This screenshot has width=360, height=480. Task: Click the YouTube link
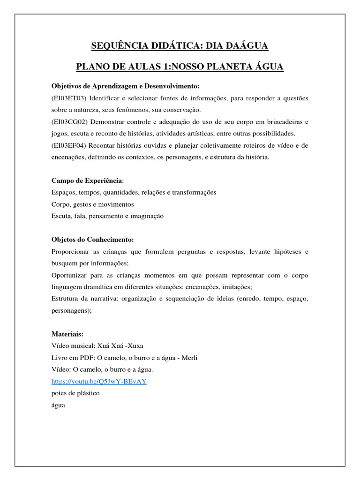99,381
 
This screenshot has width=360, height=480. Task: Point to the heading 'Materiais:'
67,334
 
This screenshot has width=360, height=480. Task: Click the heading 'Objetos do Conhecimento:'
92,240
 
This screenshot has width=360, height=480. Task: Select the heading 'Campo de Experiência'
87,180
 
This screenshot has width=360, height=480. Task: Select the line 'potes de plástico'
75,393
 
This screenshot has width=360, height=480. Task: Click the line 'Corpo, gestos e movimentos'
92,204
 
